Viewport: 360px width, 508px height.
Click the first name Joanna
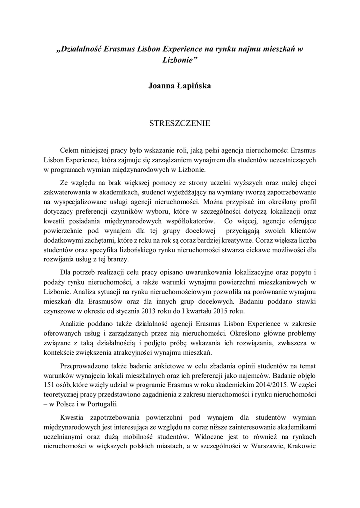pos(162,86)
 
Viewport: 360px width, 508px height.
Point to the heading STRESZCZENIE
pos(180,122)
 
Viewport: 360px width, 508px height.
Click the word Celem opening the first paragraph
pos(70,149)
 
